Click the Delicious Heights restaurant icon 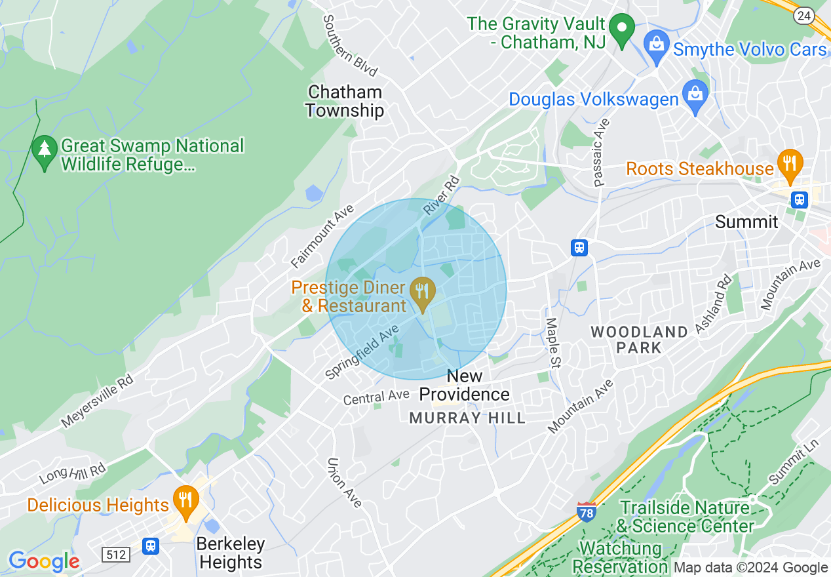186,500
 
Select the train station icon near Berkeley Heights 151,546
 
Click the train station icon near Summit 799,200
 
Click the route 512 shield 116,555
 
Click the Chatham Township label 345,101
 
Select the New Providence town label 465,385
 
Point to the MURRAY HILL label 467,418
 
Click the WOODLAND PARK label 639,339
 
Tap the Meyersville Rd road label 98,401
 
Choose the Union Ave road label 344,482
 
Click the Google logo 44,561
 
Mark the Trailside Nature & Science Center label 685,517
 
